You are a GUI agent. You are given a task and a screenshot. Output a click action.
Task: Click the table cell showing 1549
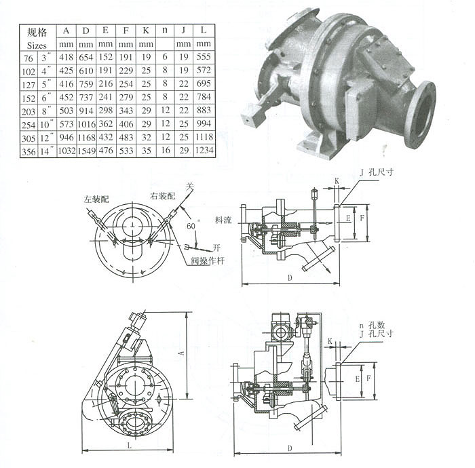coord(86,151)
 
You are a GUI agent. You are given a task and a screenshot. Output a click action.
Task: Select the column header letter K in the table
coord(146,31)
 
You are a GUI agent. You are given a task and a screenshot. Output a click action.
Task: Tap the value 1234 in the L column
coord(204,150)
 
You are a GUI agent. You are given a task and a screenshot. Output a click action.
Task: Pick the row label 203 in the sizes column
coord(28,111)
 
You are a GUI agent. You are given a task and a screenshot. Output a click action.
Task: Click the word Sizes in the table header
coord(37,45)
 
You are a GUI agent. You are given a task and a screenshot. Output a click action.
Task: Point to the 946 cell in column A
coord(66,137)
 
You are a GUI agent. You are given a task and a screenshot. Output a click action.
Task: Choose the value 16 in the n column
coord(166,150)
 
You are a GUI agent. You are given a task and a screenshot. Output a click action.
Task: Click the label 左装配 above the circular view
coord(96,199)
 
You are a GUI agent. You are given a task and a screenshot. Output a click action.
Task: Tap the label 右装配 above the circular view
coord(163,196)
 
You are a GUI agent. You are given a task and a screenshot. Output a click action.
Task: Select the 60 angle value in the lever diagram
coord(191,226)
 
